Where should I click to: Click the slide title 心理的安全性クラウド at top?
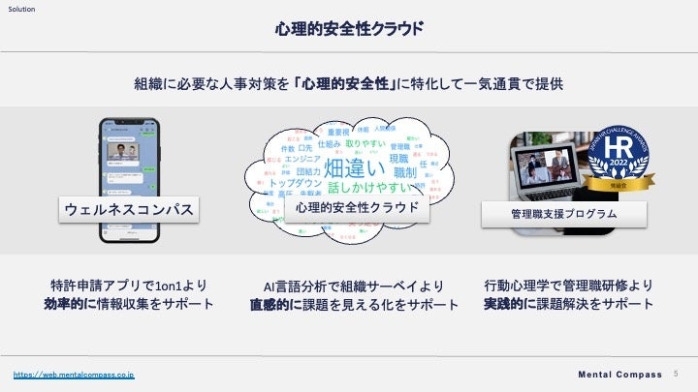click(x=349, y=28)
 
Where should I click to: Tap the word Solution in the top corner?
click(x=22, y=8)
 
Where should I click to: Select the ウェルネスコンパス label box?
click(x=128, y=209)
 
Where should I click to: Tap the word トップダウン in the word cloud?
click(x=297, y=182)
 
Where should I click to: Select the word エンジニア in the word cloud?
click(x=305, y=159)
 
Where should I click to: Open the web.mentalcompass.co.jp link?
click(x=73, y=374)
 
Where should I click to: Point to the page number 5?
click(x=676, y=374)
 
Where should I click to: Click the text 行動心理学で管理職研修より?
click(x=567, y=286)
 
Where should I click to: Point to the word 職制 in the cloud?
click(x=405, y=172)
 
